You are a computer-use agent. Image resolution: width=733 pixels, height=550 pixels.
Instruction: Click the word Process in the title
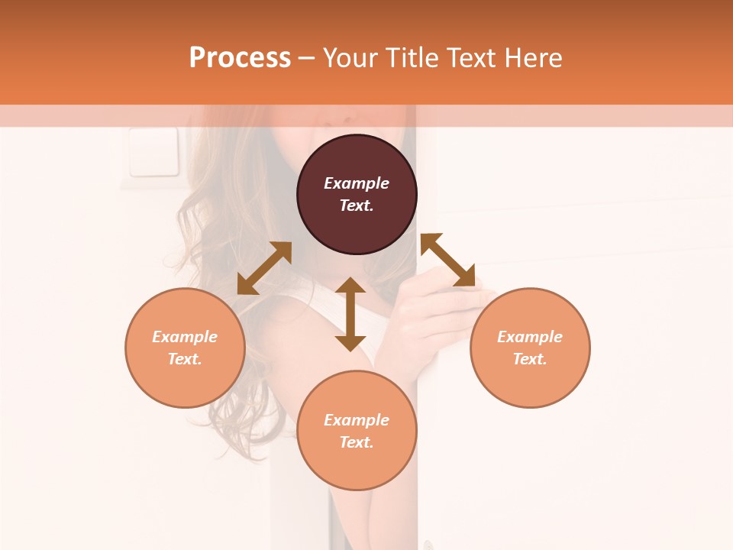240,58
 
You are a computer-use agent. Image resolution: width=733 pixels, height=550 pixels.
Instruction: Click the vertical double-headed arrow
350,314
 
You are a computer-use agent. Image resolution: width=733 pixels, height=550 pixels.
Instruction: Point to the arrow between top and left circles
264,268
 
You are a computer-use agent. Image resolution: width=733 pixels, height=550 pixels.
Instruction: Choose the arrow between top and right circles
447,260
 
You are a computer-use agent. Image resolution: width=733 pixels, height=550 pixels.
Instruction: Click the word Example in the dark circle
357,183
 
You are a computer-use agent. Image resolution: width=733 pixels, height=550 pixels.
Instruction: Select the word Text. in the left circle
185,359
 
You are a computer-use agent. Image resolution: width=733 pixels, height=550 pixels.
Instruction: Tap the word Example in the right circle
530,337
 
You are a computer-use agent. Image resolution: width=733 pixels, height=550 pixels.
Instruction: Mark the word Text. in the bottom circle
357,442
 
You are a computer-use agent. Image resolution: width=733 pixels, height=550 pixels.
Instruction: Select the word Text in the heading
469,58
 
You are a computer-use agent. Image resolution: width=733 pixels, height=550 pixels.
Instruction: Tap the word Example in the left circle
185,337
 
